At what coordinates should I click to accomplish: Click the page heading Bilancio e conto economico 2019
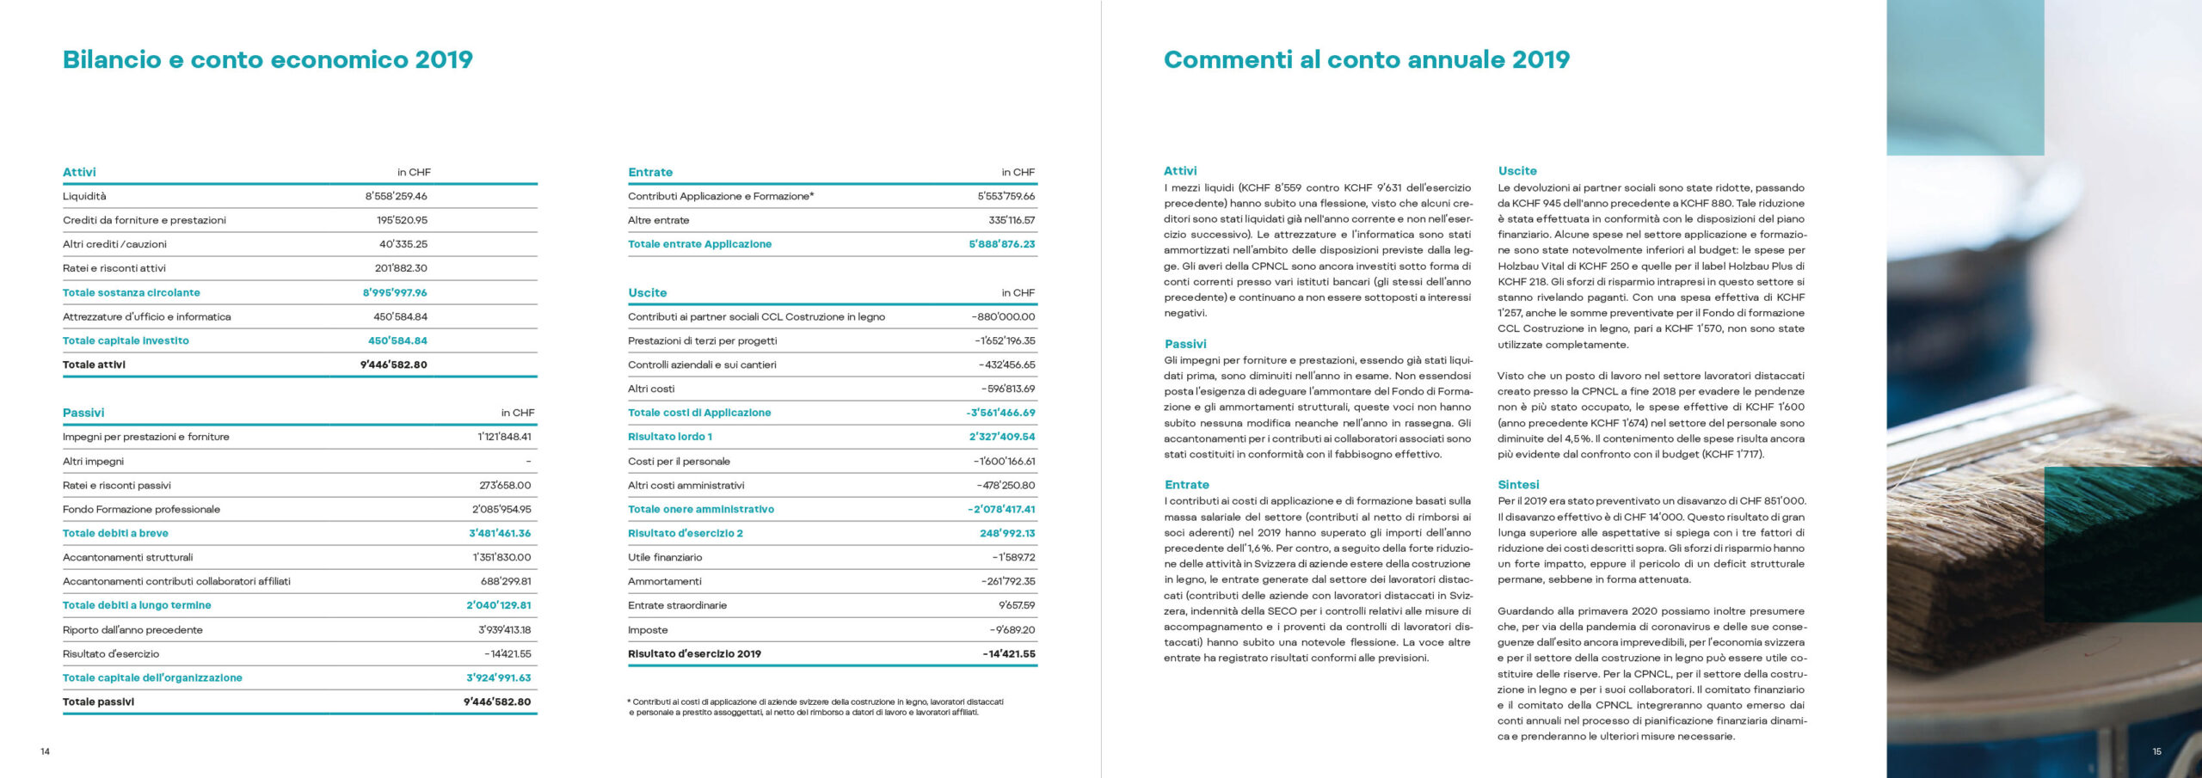coord(268,59)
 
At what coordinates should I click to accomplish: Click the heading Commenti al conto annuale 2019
coord(1366,59)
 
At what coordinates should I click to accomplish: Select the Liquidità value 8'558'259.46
coord(396,196)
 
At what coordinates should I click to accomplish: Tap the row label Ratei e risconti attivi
coord(114,268)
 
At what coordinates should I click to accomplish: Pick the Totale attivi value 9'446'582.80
coord(393,364)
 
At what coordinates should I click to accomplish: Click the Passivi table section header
coord(83,413)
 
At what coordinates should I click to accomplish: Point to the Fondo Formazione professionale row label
coord(141,509)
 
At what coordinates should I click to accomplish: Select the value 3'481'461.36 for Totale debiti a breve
coord(500,533)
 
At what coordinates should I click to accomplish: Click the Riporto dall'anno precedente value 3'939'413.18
coord(504,629)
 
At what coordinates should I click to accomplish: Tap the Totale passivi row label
coord(98,701)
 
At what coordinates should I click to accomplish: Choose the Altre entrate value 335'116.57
coord(1012,220)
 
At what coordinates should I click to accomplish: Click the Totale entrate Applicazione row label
coord(699,244)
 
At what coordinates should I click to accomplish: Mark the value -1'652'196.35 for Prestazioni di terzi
coord(1005,340)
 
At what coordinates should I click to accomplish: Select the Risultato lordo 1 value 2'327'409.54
coord(1002,437)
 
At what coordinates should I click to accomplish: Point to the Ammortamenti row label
coord(664,581)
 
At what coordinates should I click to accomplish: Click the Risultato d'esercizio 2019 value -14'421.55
coord(1009,653)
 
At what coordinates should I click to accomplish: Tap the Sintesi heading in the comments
coord(1518,485)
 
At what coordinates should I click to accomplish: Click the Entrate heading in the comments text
coord(1186,485)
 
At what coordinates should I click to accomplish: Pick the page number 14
coord(46,751)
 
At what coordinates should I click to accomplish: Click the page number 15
coord(2156,751)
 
